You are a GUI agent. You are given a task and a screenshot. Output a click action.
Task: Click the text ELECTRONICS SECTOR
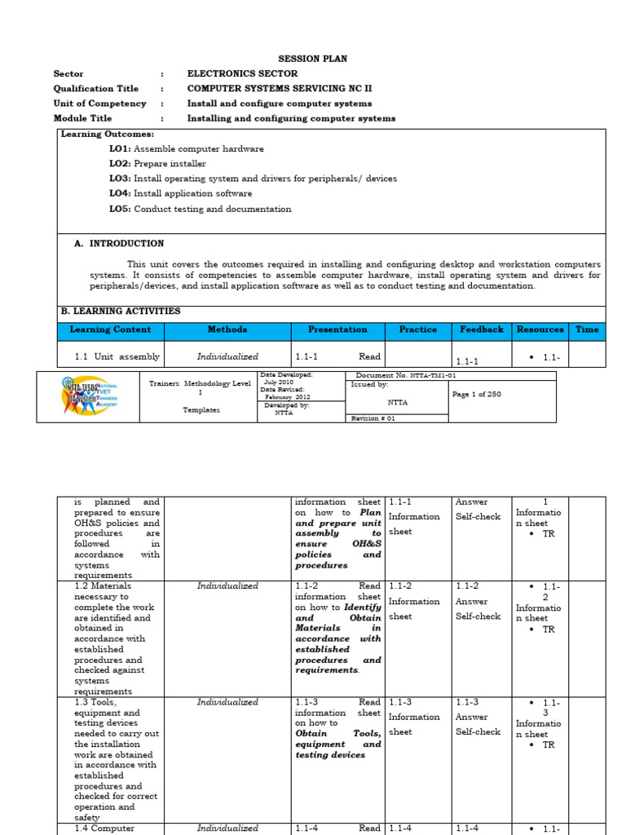242,73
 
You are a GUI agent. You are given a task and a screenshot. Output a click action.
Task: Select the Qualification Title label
96,89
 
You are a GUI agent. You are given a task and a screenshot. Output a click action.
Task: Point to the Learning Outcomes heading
108,134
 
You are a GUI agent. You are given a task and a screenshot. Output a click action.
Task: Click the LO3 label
120,179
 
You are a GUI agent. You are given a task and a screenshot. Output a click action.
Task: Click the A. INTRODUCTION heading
119,243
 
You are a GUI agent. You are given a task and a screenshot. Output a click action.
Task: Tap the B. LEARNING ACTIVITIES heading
121,311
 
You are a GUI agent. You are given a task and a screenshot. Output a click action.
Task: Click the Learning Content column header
110,329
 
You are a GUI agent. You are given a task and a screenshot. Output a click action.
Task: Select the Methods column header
227,329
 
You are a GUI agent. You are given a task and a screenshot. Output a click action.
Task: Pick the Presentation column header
337,329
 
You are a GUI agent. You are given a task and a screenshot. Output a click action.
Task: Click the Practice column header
418,329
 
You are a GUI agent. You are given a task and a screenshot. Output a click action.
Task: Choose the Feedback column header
481,329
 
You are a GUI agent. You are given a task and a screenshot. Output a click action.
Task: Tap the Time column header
587,329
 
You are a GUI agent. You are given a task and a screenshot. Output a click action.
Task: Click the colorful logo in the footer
88,396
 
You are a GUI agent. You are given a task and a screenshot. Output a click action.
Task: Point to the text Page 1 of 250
477,394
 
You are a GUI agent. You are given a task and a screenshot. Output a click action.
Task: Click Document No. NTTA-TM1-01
395,375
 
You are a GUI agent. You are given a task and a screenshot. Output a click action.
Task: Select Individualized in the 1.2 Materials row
227,585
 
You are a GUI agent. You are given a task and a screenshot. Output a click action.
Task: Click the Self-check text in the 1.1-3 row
478,731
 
